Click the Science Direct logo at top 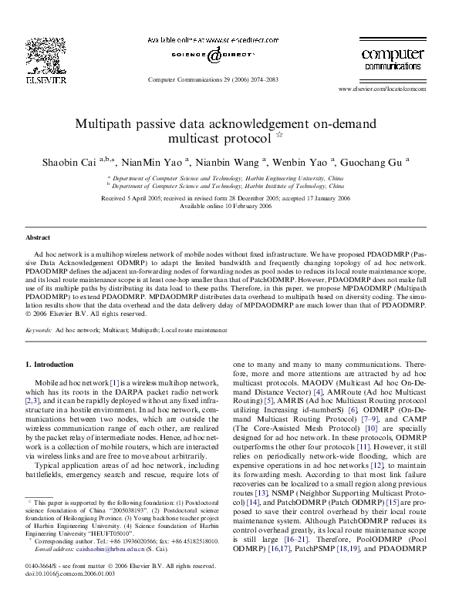(214, 55)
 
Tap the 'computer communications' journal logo (393, 59)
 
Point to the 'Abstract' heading (38, 238)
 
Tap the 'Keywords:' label (39, 329)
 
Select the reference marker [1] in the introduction (114, 382)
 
